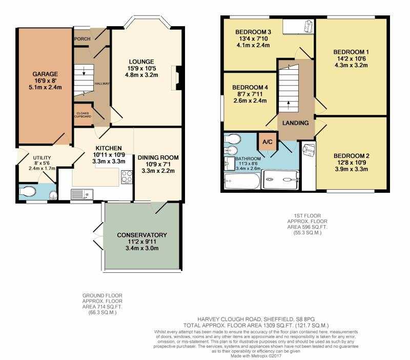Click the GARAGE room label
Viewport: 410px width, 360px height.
tap(45, 74)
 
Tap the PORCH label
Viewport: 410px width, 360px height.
tap(83, 39)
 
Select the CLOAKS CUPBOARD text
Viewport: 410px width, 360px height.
tap(83, 115)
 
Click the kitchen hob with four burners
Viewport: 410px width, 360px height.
tap(127, 176)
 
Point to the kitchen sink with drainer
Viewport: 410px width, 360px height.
tap(81, 194)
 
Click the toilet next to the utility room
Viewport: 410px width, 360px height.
tap(28, 191)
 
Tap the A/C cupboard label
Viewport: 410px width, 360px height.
tap(267, 142)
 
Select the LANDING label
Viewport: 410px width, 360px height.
tap(296, 123)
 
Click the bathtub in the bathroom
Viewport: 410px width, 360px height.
tap(242, 182)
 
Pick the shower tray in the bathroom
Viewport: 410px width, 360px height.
tap(281, 179)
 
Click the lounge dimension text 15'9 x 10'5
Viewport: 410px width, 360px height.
tap(141, 68)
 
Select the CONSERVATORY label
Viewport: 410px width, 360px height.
tap(142, 235)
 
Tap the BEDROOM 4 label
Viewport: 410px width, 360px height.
tap(250, 87)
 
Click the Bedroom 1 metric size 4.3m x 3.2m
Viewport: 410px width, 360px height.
tap(351, 65)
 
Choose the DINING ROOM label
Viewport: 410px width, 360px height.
tap(158, 157)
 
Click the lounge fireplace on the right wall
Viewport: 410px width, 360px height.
tap(176, 78)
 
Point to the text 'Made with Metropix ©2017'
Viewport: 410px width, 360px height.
tap(256, 356)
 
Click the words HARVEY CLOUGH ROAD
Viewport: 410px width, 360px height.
tap(229, 319)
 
